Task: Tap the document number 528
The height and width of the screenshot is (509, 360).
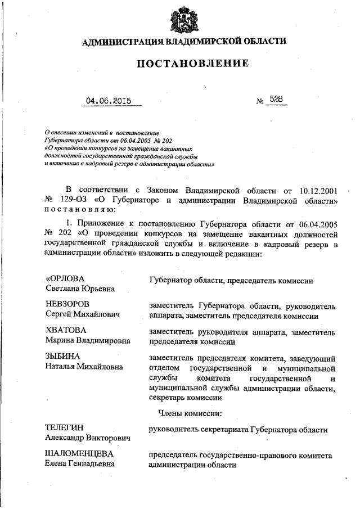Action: tap(276, 100)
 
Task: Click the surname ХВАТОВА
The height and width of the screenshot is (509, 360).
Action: tap(66, 330)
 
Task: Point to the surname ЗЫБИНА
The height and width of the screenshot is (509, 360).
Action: tap(62, 356)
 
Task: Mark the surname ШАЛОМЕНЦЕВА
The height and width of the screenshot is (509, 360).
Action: tap(79, 454)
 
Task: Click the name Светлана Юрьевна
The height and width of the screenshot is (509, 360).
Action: tap(80, 289)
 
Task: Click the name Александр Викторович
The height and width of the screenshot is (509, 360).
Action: tap(87, 438)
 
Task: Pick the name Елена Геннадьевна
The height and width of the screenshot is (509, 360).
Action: tap(79, 464)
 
